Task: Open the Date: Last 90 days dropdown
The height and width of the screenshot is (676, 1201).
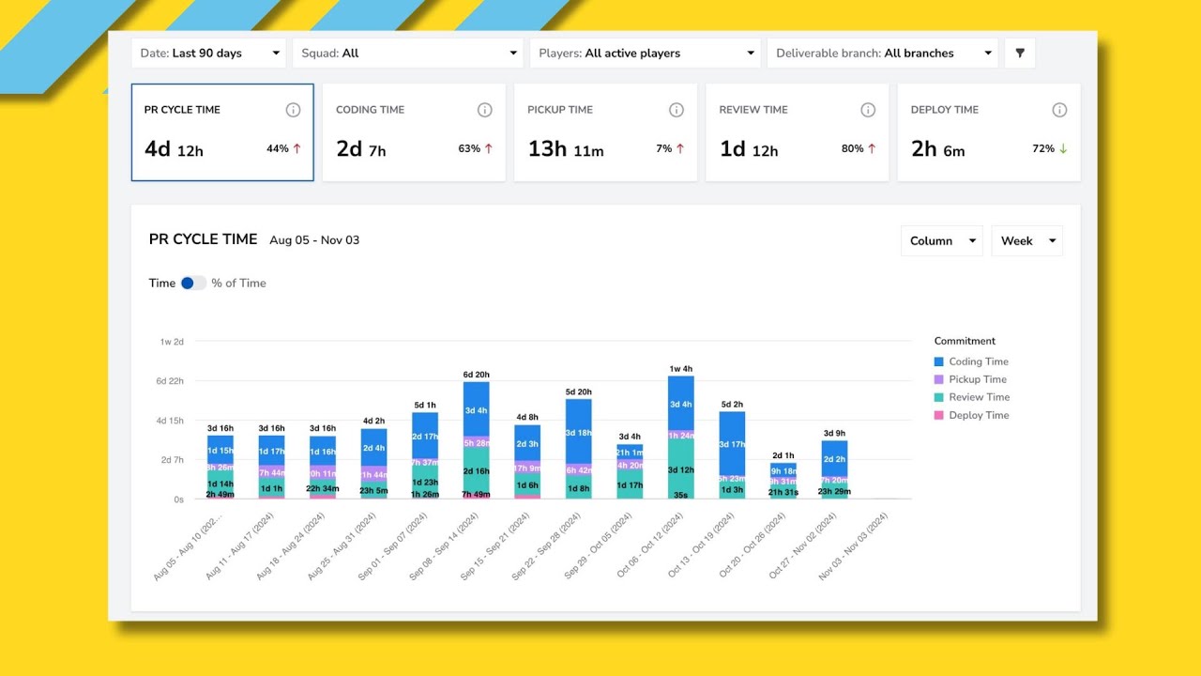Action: tap(209, 54)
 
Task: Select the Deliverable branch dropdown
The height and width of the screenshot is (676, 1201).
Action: tap(881, 54)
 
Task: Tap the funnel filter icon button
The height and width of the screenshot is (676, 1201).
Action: tap(1020, 54)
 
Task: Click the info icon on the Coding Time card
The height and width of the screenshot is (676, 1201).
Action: tap(484, 110)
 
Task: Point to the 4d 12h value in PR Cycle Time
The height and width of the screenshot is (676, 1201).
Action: tap(174, 149)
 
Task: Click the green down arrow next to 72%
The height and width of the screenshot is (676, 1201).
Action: tap(1063, 148)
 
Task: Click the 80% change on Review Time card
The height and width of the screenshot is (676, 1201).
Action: tap(852, 148)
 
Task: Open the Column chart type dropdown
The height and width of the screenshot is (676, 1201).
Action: tap(941, 241)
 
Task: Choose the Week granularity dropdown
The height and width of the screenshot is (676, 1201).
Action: tap(1026, 241)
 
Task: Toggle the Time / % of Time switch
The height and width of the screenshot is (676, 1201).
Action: tap(193, 283)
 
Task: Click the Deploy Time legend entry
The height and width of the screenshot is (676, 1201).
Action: tap(978, 415)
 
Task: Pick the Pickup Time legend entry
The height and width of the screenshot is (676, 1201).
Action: tap(977, 379)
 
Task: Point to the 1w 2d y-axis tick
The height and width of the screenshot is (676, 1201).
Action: tap(172, 342)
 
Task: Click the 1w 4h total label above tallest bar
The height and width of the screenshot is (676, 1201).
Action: tap(680, 369)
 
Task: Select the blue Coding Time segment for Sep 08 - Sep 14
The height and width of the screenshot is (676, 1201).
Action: tap(476, 408)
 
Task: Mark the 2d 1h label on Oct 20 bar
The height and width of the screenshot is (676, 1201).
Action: tap(783, 455)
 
